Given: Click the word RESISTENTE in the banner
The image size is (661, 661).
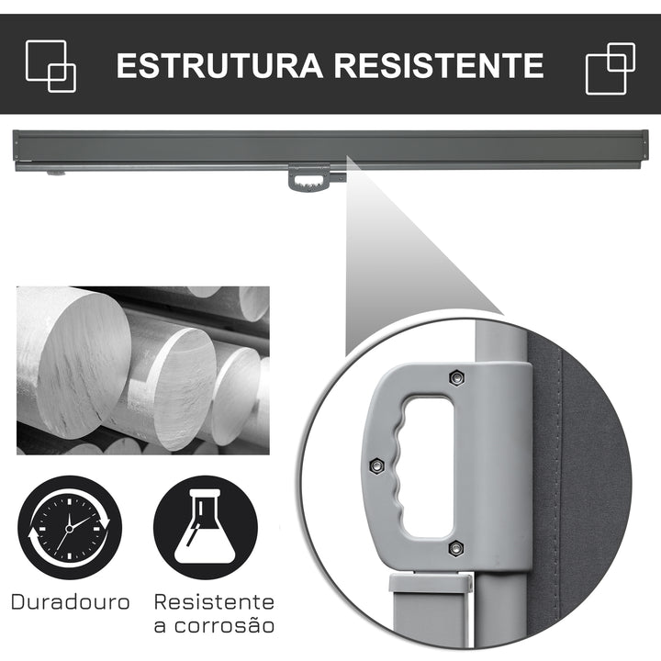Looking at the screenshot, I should [439, 65].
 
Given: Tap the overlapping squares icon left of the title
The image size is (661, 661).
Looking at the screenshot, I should [51, 64].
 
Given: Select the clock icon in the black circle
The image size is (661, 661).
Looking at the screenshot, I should [70, 526].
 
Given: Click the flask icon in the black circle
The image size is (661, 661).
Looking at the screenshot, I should [205, 526].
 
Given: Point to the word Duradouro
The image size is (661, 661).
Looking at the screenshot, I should [71, 603].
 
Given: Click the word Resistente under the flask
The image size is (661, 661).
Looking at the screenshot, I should [214, 602].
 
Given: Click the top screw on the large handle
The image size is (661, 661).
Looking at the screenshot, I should [456, 376].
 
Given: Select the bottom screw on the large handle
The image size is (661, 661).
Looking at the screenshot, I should [456, 548].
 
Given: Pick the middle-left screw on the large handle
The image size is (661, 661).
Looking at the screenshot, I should [375, 466].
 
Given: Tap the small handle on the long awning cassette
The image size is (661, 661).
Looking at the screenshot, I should [310, 177].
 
